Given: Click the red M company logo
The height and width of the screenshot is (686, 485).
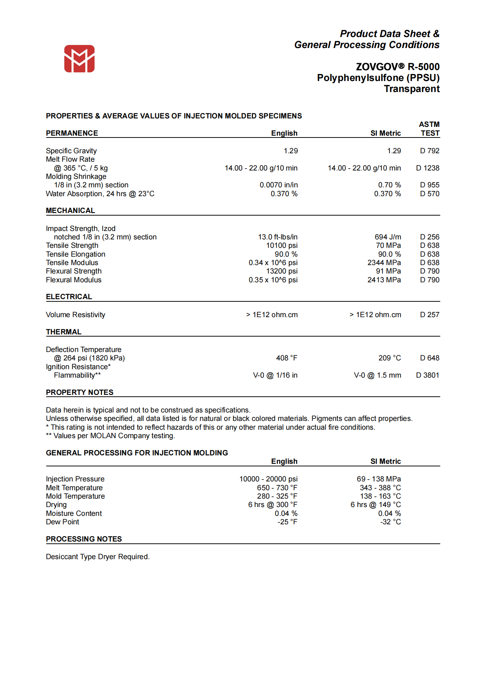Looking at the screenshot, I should tap(79, 59).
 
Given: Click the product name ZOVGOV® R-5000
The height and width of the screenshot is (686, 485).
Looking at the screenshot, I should tap(397, 67).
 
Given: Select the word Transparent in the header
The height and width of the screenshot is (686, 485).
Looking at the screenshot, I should tap(412, 89).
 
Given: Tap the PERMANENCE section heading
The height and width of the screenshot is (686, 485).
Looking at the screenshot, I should tap(72, 133).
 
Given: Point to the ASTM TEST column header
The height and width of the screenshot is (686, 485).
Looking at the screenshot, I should tap(430, 129).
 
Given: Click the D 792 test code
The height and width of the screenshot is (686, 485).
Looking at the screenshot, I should tap(430, 151).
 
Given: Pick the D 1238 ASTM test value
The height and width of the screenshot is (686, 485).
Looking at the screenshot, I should tap(427, 168).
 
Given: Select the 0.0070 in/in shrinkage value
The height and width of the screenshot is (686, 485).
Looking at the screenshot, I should tap(278, 185).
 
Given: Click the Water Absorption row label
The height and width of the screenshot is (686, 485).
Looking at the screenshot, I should tap(100, 194).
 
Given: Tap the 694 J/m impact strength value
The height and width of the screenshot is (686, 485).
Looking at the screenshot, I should tap(388, 237).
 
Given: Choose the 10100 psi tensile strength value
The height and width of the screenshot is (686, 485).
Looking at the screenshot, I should tap(282, 245).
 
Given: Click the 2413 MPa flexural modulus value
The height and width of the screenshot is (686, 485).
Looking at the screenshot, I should tap(384, 280).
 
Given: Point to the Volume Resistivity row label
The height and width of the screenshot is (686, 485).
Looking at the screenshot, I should tap(76, 315).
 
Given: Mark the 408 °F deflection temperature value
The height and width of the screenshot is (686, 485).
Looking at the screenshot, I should tap(287, 358).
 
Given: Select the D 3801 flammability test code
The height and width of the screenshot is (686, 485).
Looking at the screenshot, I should tap(427, 375).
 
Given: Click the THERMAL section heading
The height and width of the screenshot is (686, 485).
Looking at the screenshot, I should tap(63, 332).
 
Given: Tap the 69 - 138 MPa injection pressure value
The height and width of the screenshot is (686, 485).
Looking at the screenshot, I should tap(379, 479).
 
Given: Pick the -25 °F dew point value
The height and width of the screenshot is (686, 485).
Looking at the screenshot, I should tap(287, 522).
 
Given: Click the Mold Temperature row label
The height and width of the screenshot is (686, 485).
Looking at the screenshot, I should tap(75, 496).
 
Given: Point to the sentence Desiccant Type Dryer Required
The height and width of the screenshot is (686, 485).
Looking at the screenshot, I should tap(98, 557).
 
